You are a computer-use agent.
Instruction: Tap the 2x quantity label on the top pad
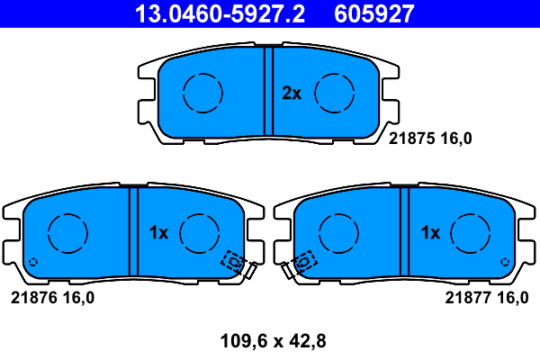(292, 93)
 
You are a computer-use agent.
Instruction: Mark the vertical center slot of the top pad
(268, 90)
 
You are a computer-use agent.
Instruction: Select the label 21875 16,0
(430, 138)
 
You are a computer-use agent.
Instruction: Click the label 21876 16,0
(51, 297)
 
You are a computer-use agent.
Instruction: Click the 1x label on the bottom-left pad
(158, 232)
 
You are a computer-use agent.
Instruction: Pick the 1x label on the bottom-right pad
(430, 232)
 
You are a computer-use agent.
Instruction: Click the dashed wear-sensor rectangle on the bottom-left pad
(234, 261)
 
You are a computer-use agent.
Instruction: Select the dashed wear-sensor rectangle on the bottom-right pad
(305, 261)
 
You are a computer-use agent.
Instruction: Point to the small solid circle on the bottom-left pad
(33, 263)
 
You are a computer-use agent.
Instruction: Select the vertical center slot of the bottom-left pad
(133, 232)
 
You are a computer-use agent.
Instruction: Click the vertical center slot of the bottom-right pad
(405, 232)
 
